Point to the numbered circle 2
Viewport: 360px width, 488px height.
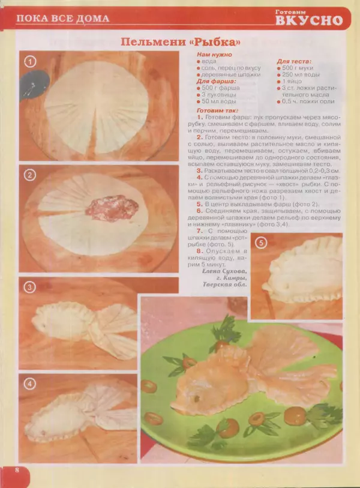point(29,175)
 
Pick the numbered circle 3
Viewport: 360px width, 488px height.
point(29,288)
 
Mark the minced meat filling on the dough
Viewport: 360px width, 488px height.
point(112,208)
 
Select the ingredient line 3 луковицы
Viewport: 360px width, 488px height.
point(219,95)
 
